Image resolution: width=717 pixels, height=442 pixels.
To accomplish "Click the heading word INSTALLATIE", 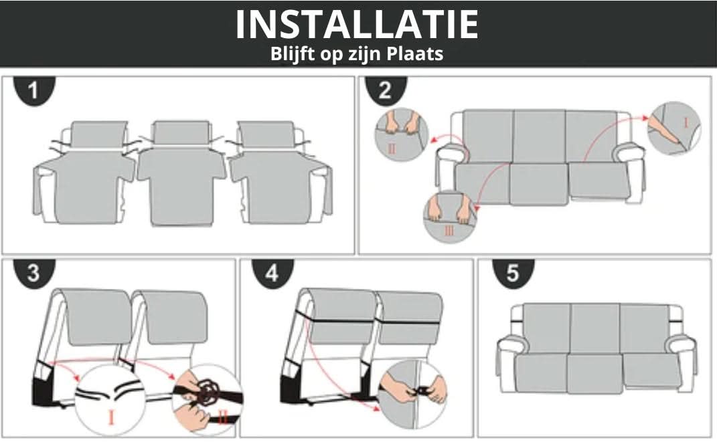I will [357, 24].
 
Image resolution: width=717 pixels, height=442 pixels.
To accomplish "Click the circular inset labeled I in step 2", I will [675, 128].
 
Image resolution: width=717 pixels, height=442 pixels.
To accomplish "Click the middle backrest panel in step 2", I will [540, 136].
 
